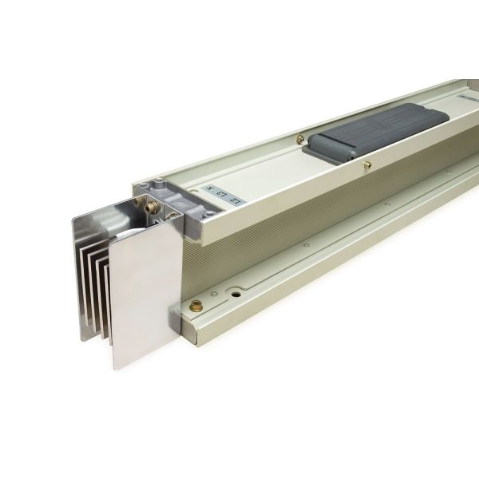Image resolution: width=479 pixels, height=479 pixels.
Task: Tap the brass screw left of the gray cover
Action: pos(299,139)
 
